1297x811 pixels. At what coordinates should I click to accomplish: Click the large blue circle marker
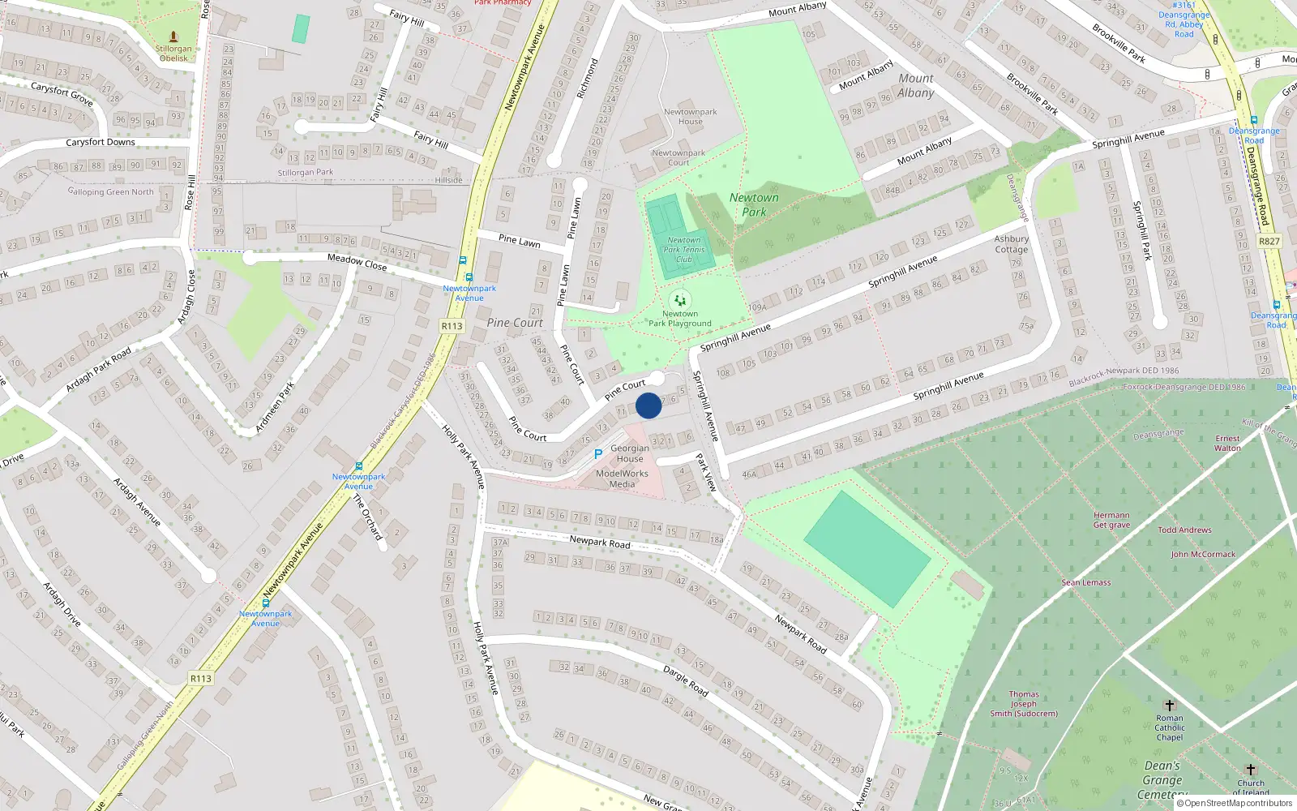coord(648,405)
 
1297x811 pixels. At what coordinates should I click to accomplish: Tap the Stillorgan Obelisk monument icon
coord(173,36)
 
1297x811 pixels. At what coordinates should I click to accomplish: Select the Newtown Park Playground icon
coord(680,301)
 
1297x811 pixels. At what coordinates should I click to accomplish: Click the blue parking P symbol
coord(598,454)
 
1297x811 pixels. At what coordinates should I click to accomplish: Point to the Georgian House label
coord(630,453)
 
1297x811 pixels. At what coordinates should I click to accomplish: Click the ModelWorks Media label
coord(622,478)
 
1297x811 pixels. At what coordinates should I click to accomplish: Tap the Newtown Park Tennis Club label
coord(684,250)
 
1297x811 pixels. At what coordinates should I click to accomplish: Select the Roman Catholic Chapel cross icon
coord(1169,706)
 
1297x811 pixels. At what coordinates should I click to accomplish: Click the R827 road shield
coord(1269,242)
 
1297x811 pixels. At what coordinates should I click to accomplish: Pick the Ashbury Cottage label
coord(1011,244)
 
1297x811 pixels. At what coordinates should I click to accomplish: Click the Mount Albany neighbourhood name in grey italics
coord(916,85)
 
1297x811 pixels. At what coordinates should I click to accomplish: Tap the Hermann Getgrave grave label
coord(1111,520)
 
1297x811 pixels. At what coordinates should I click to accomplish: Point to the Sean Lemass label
coord(1086,582)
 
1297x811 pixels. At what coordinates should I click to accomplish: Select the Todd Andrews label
coord(1184,530)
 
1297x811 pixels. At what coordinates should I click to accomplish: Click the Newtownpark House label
coord(690,117)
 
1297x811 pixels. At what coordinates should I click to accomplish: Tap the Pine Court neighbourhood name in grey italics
coord(515,323)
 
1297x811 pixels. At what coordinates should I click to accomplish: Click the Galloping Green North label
coord(110,192)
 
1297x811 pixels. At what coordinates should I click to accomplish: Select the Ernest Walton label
coord(1227,443)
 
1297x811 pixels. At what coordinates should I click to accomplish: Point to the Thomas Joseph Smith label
coord(1024,704)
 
